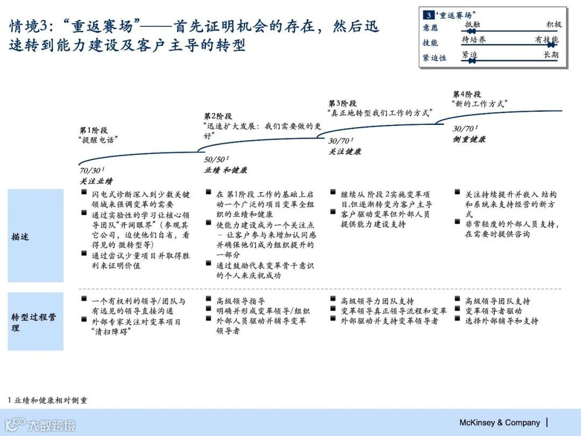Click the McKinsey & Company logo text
(499, 423)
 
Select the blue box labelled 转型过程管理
(36, 322)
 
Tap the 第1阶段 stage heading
(94, 130)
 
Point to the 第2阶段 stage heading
(218, 116)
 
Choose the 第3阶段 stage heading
(343, 103)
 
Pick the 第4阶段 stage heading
(467, 94)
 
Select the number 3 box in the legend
(429, 15)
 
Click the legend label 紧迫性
(435, 58)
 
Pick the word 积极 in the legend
(554, 24)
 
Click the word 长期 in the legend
(551, 55)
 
